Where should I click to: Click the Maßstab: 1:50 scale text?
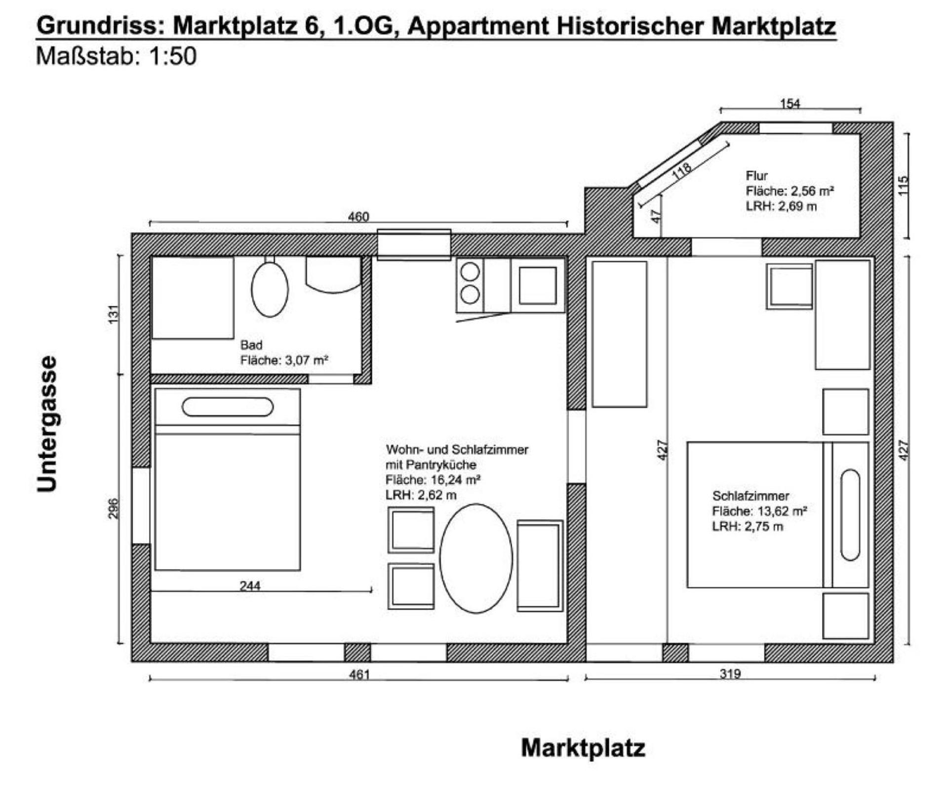coord(117,56)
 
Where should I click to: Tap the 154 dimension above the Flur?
coord(790,104)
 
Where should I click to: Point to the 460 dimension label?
coord(358,217)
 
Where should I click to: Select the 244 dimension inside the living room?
coord(250,586)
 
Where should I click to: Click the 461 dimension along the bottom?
coord(359,674)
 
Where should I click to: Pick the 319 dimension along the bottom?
coord(730,674)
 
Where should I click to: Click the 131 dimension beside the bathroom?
coord(114,315)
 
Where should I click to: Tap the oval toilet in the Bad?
coord(270,289)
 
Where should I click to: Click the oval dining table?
coord(476,558)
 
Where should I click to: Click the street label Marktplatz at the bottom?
coord(583,748)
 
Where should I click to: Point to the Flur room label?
coord(756,175)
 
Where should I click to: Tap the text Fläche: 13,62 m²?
coord(759,511)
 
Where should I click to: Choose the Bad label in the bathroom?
coord(251,345)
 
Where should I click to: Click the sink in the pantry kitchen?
coord(538,286)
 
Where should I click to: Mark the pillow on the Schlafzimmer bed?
coord(850,515)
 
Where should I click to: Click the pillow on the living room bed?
coord(228,407)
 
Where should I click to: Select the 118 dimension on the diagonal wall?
coord(682,171)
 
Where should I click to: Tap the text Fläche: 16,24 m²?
coord(433,480)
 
